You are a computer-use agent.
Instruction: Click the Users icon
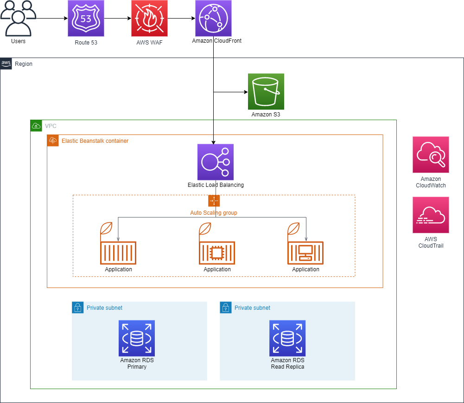(x=18, y=19)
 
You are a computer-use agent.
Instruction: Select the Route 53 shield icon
(x=86, y=19)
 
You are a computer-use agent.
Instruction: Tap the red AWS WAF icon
(x=149, y=19)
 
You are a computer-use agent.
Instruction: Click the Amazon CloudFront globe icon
(x=213, y=19)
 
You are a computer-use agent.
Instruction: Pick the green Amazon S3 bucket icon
(x=266, y=91)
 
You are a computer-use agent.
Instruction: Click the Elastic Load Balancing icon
(x=215, y=162)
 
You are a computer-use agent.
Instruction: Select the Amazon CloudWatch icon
(x=431, y=154)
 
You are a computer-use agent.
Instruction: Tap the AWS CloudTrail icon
(x=431, y=215)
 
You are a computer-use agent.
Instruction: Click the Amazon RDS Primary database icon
(x=136, y=338)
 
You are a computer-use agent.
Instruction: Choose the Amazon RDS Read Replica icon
(x=287, y=338)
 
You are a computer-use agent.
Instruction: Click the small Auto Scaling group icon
(x=214, y=201)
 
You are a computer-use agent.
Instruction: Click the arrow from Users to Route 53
(x=51, y=19)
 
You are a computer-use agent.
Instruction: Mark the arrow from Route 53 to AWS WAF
(x=118, y=19)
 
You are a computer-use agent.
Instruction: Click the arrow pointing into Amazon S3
(x=230, y=92)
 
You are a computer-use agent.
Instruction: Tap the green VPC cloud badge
(x=36, y=126)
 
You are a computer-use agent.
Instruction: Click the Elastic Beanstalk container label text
(x=95, y=141)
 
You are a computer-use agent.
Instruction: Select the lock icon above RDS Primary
(x=78, y=307)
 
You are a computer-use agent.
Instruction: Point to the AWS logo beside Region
(x=6, y=64)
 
